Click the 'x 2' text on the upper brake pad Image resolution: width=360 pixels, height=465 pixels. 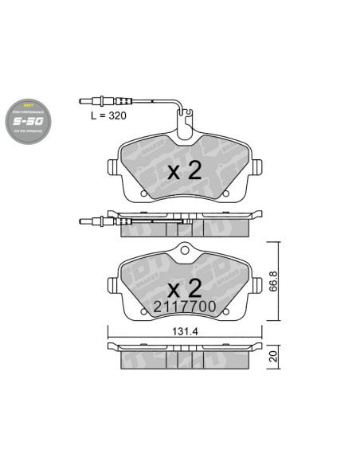tap(184, 170)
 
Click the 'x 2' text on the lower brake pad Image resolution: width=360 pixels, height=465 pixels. tap(184, 286)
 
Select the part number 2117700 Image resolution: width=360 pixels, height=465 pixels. tap(185, 304)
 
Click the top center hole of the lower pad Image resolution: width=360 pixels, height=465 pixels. tap(184, 254)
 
